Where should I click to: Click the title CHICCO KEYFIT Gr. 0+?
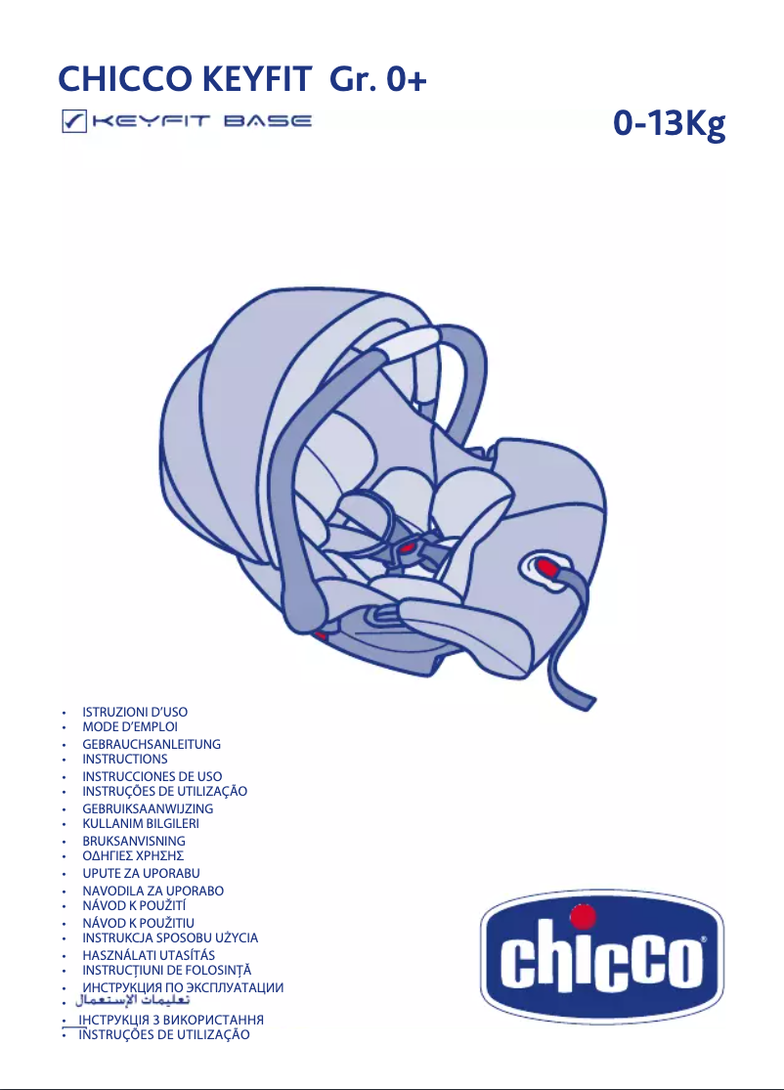[242, 78]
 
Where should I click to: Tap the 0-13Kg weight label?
[670, 124]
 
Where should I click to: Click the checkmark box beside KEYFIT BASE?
[71, 123]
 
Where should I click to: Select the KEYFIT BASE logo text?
[201, 123]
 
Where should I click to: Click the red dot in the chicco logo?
[583, 916]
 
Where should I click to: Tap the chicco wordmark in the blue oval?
[600, 961]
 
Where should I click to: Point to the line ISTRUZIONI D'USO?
[134, 713]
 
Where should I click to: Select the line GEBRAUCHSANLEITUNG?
[151, 744]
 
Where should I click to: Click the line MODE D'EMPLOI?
[129, 727]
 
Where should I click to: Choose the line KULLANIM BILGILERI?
[141, 823]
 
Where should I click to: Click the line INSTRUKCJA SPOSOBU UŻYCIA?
[170, 937]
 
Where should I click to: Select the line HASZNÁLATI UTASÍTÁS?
[149, 954]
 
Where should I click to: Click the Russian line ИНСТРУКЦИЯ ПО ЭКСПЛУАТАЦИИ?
[183, 987]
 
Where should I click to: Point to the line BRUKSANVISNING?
[133, 841]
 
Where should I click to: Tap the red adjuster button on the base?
[544, 566]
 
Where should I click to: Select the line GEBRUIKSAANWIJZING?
[148, 808]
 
